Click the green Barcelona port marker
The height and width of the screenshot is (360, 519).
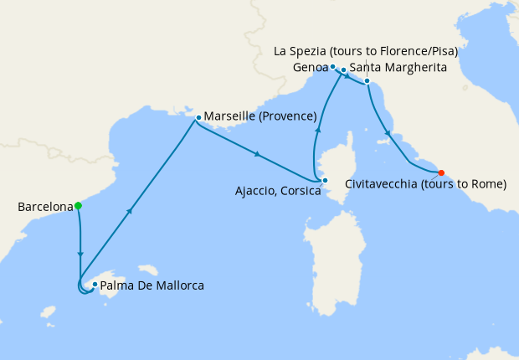pos(78,205)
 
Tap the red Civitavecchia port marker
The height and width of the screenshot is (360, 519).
pos(441,173)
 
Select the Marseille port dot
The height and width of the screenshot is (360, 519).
pos(198,118)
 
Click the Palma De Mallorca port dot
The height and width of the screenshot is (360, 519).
pos(95,285)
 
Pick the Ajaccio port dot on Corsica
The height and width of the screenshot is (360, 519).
pos(325,180)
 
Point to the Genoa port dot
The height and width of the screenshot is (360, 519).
pos(332,66)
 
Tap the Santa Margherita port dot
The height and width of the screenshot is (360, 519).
pos(343,70)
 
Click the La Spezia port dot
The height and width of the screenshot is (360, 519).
pos(367,81)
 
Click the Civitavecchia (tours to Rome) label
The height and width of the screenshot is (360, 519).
pos(425,184)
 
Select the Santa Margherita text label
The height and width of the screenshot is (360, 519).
pos(398,66)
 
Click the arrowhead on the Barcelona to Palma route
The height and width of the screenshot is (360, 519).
pos(80,254)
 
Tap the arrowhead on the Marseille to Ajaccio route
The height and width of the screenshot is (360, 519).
pos(257,153)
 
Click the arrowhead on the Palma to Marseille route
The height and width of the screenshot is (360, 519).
pos(130,212)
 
